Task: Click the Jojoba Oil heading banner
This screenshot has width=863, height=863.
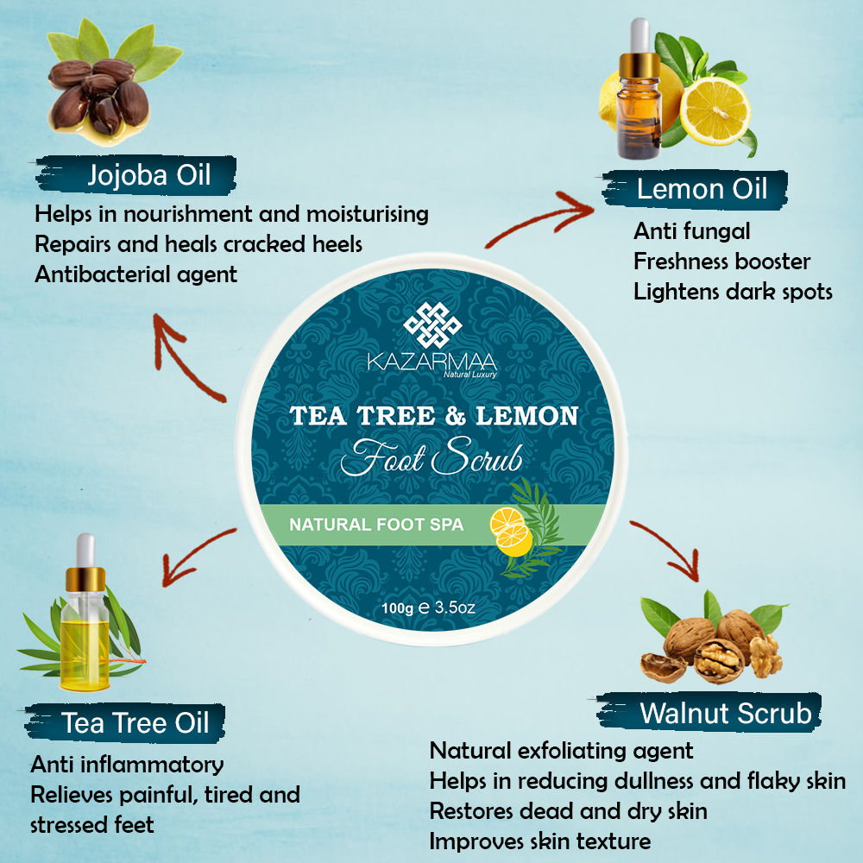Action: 136,175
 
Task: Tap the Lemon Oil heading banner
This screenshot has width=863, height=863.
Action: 695,189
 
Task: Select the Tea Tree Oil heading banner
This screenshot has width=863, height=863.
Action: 125,722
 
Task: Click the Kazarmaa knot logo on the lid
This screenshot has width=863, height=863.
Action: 432,324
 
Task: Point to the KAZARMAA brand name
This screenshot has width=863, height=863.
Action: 432,362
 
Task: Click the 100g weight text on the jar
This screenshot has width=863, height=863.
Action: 397,608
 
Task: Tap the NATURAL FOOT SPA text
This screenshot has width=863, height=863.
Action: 376,525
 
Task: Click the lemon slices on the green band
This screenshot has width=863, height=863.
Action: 511,531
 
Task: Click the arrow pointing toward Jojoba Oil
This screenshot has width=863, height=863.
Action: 185,358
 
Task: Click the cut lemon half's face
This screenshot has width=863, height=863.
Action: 715,111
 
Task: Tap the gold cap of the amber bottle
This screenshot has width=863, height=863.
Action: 639,66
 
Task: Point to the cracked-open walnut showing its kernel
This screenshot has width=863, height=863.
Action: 717,659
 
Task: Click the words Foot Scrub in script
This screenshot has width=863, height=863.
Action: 431,457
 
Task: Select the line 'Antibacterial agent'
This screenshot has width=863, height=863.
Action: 136,274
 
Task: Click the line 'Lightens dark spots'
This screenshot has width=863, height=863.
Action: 733,292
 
